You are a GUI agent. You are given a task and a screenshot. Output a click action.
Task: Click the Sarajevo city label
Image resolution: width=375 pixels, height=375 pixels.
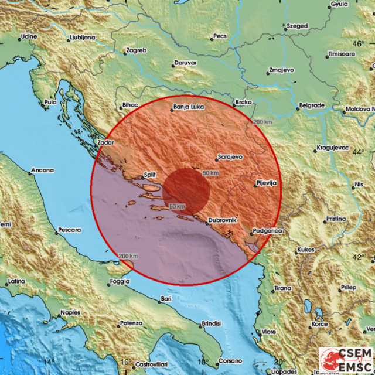[230, 158]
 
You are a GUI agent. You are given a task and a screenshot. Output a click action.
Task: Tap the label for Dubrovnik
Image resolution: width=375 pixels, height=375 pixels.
[223, 220]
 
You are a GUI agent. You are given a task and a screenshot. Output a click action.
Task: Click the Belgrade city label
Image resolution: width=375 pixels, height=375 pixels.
[312, 105]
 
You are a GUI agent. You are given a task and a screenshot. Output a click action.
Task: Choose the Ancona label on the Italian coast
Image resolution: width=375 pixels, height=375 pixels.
[42, 171]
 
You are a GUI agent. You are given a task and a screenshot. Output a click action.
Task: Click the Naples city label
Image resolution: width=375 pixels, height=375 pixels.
[70, 312]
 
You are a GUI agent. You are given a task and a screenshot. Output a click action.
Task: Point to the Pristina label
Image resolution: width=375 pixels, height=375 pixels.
[336, 219]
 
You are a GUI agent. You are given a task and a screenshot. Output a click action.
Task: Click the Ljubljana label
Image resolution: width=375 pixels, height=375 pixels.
[81, 37]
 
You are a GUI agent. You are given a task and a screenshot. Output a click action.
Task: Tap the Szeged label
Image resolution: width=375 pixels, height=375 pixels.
[296, 26]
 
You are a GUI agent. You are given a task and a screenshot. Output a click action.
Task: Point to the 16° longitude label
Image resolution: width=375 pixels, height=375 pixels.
[124, 362]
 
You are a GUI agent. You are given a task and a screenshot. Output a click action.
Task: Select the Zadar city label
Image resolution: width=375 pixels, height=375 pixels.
[106, 142]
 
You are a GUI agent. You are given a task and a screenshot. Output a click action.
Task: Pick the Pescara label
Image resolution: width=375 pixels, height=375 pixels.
[69, 231]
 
